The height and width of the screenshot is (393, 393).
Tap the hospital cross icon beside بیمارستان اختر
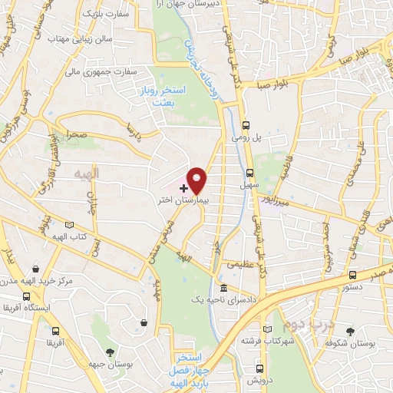[183, 187]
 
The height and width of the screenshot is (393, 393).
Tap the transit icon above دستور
[352, 275]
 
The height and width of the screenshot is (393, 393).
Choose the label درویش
[255, 380]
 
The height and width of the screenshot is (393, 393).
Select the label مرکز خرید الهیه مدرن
[37, 281]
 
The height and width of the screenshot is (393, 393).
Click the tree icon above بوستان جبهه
[111, 352]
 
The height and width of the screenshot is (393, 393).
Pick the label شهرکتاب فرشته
[261, 339]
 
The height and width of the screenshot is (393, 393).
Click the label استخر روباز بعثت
[157, 96]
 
